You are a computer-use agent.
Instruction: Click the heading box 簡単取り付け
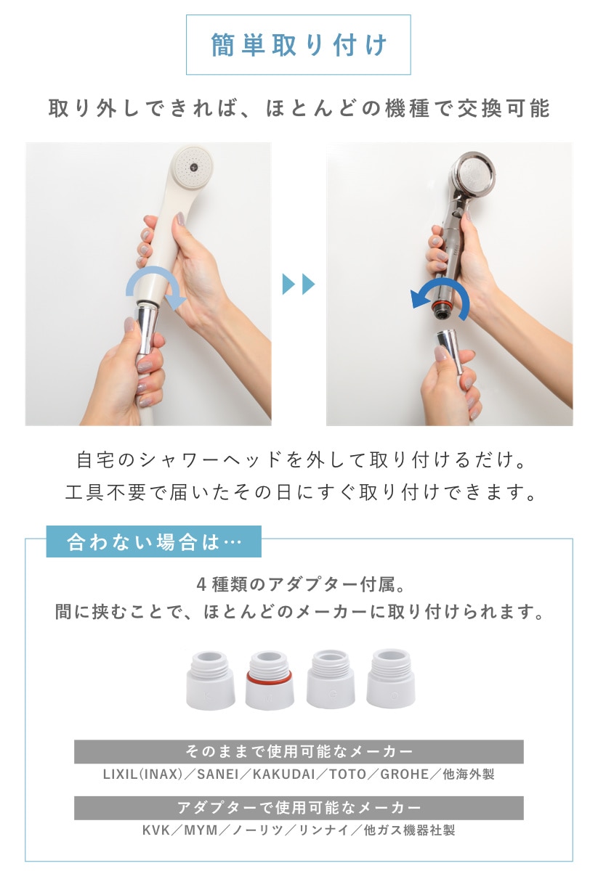point(298,45)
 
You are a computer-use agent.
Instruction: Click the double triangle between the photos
point(298,284)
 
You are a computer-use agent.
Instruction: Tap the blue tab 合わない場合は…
point(153,542)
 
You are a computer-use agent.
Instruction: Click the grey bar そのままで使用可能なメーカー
point(299,751)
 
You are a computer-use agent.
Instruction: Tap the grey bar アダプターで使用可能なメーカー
point(299,807)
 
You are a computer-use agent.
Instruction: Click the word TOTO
point(347,774)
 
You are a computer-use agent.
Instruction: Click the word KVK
point(156,830)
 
